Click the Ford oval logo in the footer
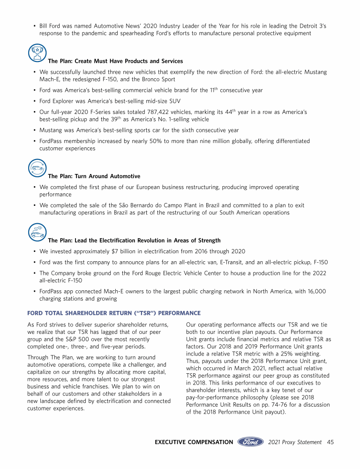pos(250,442)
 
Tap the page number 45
pos(330,442)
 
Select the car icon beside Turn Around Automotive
pos(37,168)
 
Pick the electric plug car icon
pos(37,232)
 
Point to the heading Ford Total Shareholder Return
pos(114,313)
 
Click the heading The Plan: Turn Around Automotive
pos(94,176)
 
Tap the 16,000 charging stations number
pos(314,291)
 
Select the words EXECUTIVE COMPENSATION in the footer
pos(194,442)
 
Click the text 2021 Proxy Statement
pos(295,442)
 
